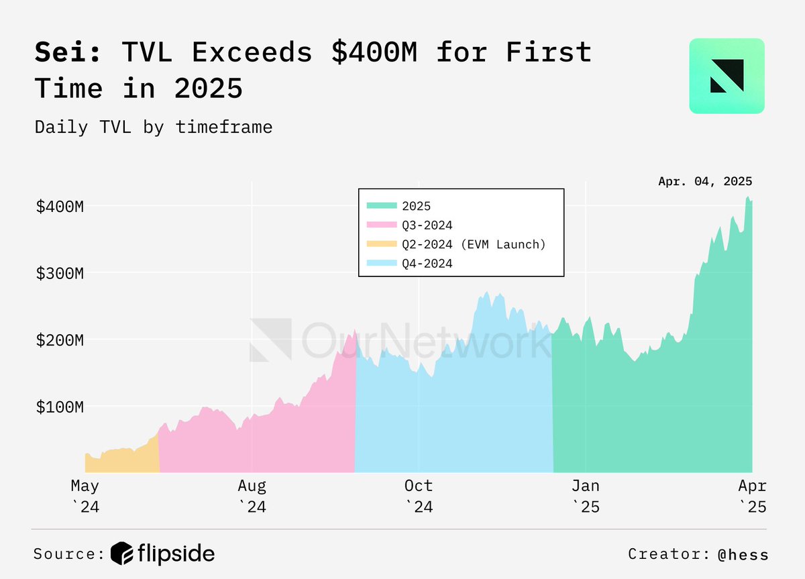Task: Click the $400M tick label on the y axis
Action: click(x=60, y=206)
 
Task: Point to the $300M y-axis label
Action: click(x=60, y=273)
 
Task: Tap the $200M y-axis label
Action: click(x=60, y=339)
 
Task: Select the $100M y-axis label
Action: click(x=60, y=407)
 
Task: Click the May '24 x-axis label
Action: click(x=85, y=495)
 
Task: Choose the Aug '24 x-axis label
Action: click(x=252, y=495)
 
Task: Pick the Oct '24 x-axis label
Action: click(x=419, y=495)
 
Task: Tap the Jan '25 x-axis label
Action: click(x=586, y=495)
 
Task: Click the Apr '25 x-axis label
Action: click(x=752, y=495)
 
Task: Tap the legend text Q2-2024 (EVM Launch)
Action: click(x=474, y=244)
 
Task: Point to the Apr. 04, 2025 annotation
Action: click(x=705, y=181)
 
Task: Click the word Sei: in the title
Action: click(x=69, y=52)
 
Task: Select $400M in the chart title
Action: click(x=374, y=52)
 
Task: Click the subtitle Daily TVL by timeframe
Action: click(x=154, y=127)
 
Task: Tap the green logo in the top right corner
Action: click(x=727, y=76)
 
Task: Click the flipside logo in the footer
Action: click(x=163, y=554)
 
